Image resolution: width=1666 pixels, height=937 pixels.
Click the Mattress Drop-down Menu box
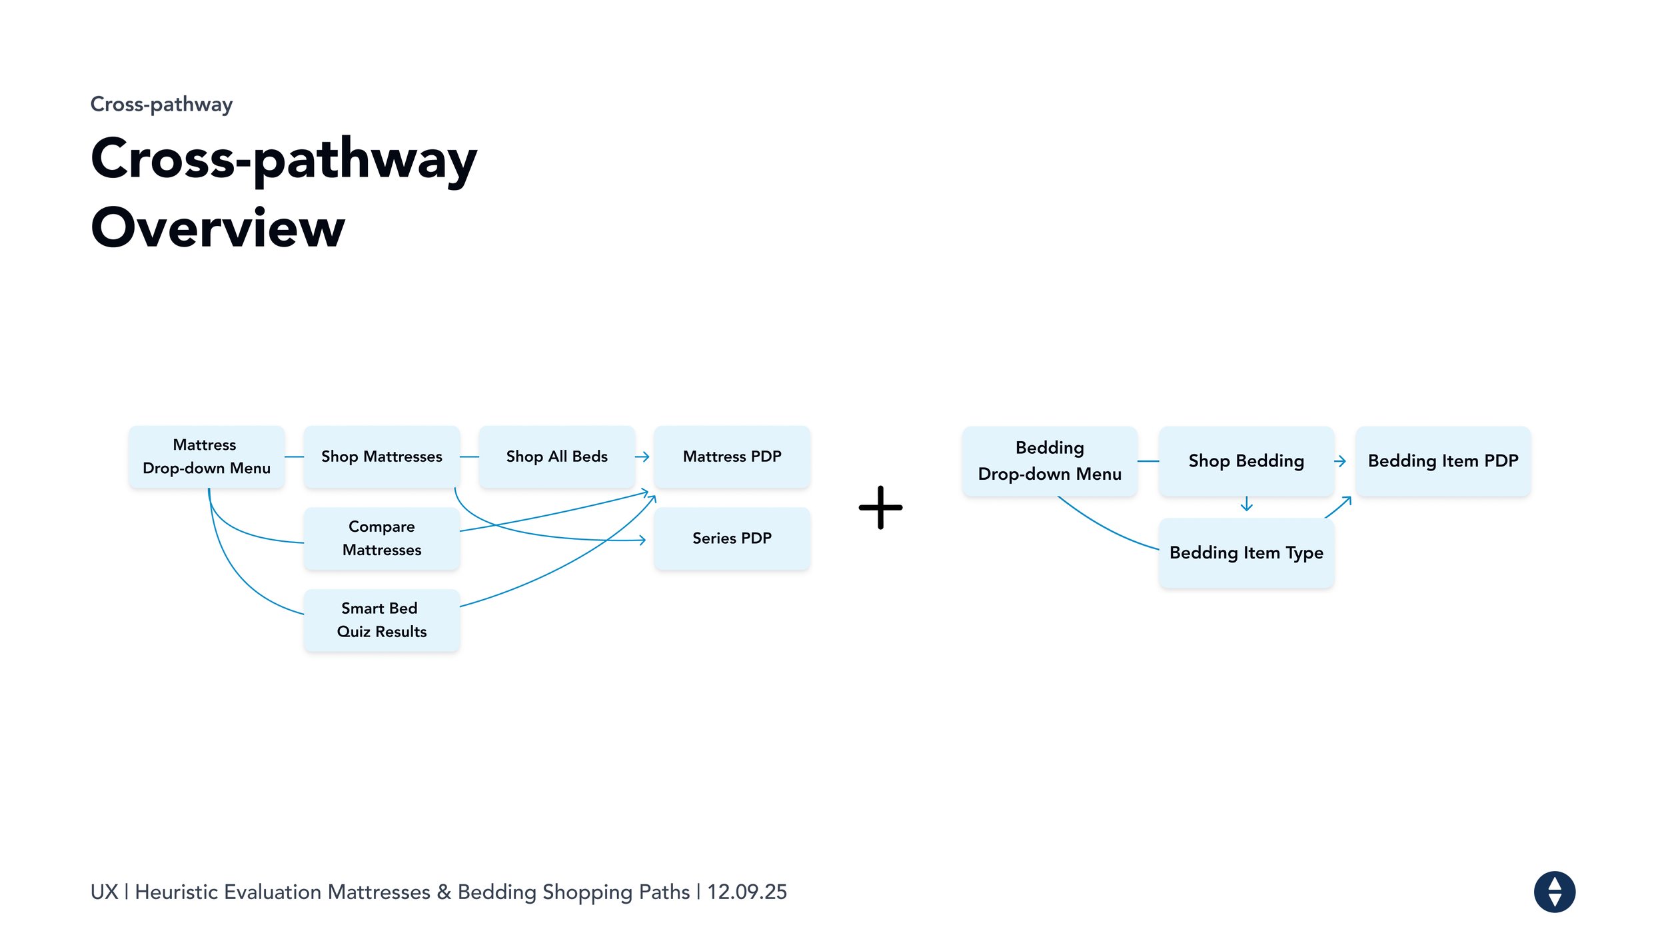point(207,457)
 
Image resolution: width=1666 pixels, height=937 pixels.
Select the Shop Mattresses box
point(381,457)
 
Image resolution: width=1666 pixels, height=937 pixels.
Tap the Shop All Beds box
point(556,457)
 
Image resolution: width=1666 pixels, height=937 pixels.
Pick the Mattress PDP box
point(732,457)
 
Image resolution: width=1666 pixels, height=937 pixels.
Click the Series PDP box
point(732,538)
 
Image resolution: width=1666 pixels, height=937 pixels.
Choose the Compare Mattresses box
point(381,538)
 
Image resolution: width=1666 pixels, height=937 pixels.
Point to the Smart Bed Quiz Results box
point(381,620)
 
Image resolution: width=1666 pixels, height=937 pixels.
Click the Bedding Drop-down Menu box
point(1050,461)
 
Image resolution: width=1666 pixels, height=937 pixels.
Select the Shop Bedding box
point(1246,461)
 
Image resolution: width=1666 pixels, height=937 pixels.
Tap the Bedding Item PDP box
point(1443,461)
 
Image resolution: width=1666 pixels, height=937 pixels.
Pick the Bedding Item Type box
point(1246,553)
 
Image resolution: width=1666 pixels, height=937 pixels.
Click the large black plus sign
point(880,508)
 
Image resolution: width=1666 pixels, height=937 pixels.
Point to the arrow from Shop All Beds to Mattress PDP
point(642,457)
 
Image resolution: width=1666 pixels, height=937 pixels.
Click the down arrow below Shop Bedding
point(1246,504)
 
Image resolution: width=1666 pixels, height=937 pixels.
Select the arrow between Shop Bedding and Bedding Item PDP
point(1340,461)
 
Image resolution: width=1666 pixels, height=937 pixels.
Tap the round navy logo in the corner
point(1554,892)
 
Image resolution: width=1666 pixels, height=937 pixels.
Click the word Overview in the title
point(218,228)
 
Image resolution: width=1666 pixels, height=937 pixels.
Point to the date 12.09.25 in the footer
point(747,892)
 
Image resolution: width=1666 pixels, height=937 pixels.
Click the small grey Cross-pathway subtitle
point(161,105)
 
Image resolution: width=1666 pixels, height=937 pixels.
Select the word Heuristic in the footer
point(177,892)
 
